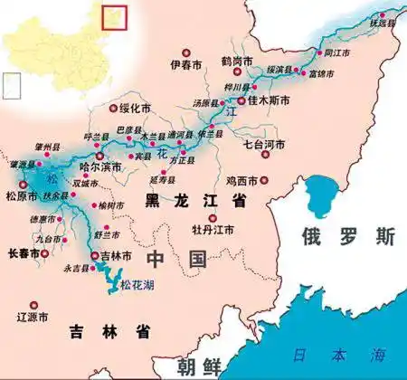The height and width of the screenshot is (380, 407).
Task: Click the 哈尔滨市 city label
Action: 100,167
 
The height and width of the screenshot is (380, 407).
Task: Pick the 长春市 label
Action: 24,255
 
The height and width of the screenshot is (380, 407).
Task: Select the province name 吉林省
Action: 109,332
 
